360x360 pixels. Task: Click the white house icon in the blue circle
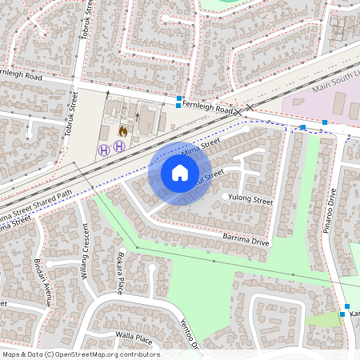(x=179, y=172)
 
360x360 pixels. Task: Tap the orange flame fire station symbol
(x=123, y=130)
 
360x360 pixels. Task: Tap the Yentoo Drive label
(x=188, y=334)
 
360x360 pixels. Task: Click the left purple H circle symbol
(x=103, y=150)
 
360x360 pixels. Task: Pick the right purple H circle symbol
(x=119, y=146)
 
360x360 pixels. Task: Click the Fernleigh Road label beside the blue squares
(x=206, y=106)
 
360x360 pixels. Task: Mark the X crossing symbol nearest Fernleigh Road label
(x=250, y=108)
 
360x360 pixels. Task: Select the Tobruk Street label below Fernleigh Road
(x=72, y=113)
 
